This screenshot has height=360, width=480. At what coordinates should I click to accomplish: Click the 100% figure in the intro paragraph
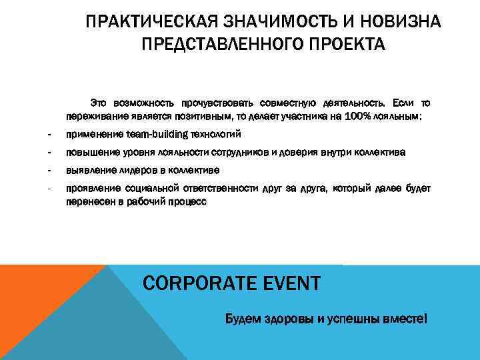tap(359, 115)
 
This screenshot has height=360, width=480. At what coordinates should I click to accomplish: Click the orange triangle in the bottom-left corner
tap(33, 313)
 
